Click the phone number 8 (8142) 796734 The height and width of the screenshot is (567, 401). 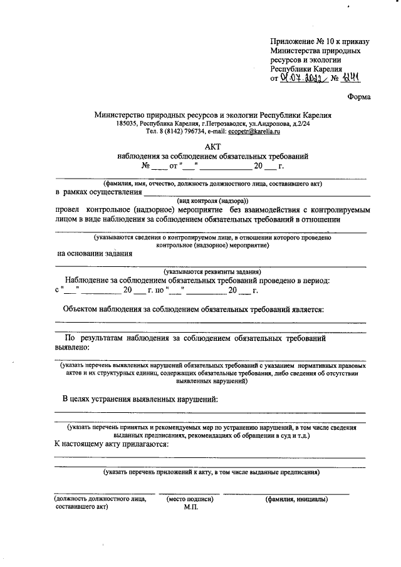[x=182, y=132]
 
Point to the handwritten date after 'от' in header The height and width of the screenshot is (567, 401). [x=301, y=78]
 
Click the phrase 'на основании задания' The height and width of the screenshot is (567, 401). [x=95, y=254]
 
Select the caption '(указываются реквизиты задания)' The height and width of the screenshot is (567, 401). [x=212, y=271]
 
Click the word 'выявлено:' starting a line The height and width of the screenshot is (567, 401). [x=73, y=346]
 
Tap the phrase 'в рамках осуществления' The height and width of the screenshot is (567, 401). [x=98, y=192]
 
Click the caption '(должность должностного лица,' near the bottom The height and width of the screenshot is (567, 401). [x=100, y=499]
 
